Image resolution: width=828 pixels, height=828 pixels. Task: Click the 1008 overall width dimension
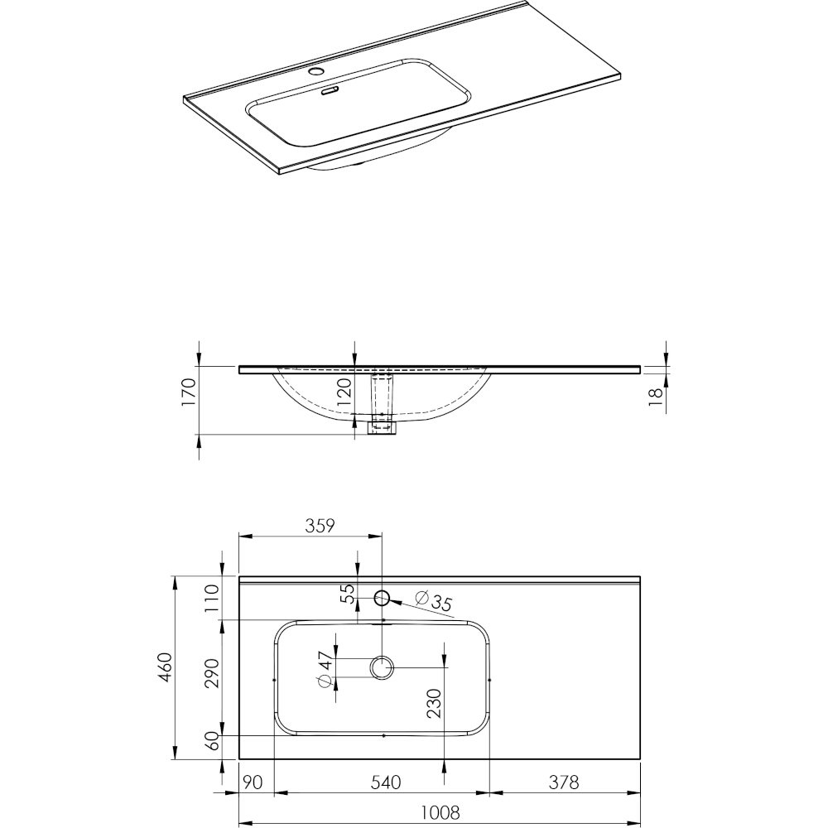(x=441, y=811)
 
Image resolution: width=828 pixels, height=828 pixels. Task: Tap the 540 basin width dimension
(x=386, y=782)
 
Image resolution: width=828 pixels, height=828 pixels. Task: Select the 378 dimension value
(x=563, y=782)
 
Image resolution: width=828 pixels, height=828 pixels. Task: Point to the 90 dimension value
(x=253, y=782)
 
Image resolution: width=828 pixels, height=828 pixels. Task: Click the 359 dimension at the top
(x=320, y=526)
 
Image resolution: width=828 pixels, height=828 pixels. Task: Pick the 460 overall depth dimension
(x=165, y=667)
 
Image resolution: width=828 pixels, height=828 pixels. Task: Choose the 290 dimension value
(x=212, y=673)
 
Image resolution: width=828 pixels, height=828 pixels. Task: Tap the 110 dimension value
(x=212, y=597)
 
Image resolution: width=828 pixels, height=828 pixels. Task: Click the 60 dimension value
(x=212, y=740)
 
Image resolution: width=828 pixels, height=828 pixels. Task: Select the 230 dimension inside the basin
(x=434, y=703)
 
